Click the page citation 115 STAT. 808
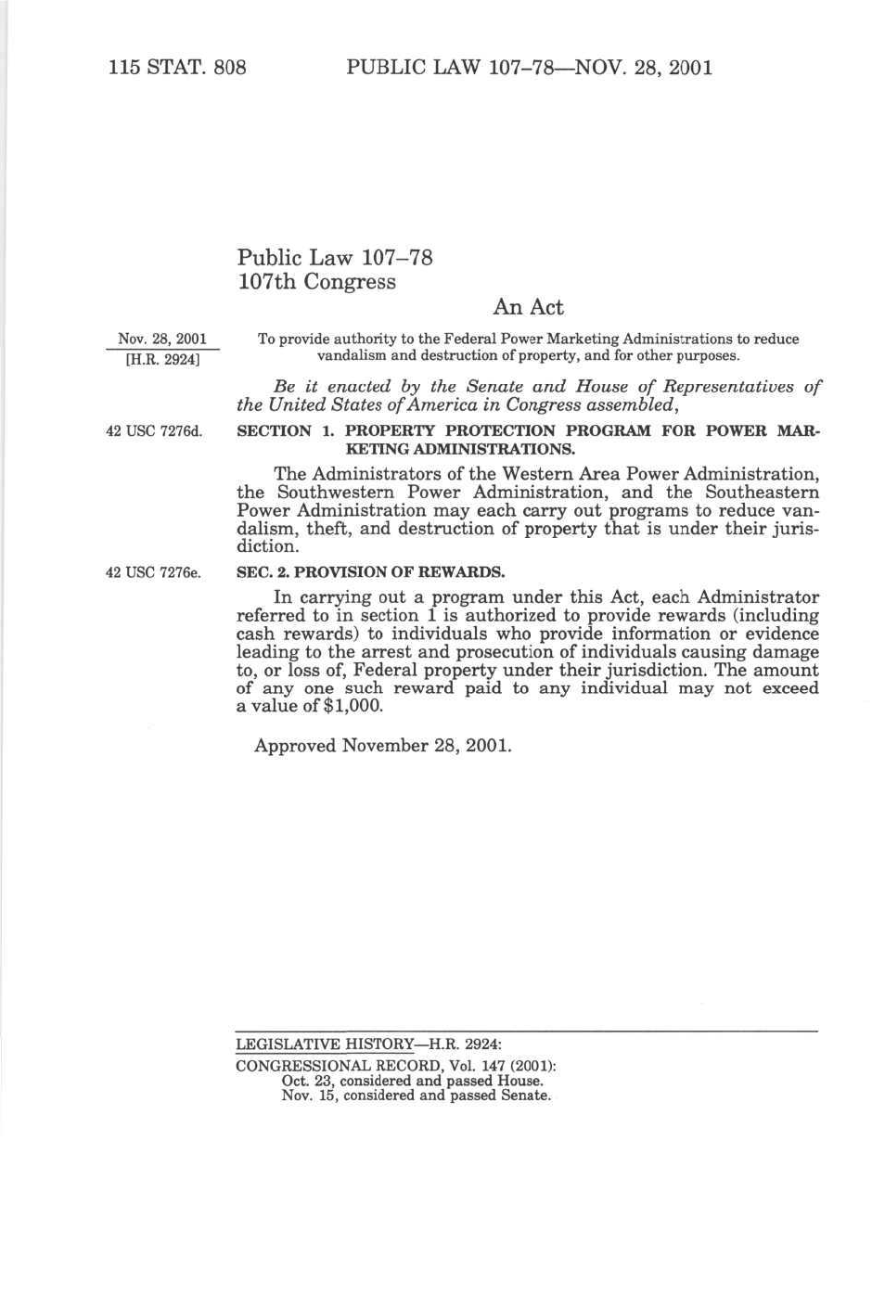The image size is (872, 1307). point(176,67)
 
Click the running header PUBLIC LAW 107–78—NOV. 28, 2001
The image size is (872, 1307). point(529,67)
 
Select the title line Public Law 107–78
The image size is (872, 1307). point(335,257)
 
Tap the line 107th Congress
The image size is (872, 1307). point(316,281)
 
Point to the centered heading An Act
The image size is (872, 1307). point(528,307)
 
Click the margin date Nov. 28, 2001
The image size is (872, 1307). point(162,339)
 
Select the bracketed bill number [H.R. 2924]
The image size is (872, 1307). point(162,358)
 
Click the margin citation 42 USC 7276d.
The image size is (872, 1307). point(154,430)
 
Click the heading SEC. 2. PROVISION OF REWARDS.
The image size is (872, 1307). point(371,571)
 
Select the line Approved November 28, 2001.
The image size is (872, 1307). point(382,745)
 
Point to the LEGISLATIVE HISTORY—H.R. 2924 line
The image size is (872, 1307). point(368,1044)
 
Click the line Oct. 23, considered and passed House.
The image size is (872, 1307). point(412,1081)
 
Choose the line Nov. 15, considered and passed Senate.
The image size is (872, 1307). point(416,1095)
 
